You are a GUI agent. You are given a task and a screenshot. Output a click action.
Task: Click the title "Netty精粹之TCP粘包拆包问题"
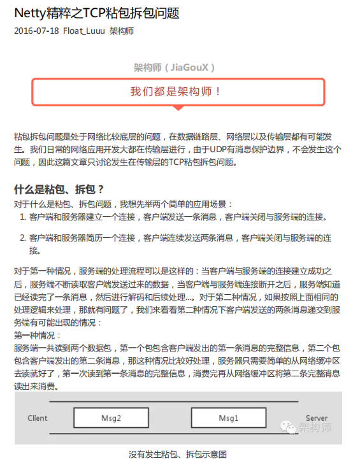[96, 13]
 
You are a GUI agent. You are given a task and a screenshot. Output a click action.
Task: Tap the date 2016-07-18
[36, 31]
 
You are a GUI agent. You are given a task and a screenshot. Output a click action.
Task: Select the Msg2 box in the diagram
[112, 418]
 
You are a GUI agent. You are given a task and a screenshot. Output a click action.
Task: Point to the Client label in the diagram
[38, 418]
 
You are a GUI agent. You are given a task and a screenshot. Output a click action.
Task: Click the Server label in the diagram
[316, 418]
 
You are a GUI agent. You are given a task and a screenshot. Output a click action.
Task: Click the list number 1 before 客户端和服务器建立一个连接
[23, 217]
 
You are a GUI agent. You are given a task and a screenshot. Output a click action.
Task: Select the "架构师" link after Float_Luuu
[122, 31]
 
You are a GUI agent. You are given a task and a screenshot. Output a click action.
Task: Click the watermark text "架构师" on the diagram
[315, 428]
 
